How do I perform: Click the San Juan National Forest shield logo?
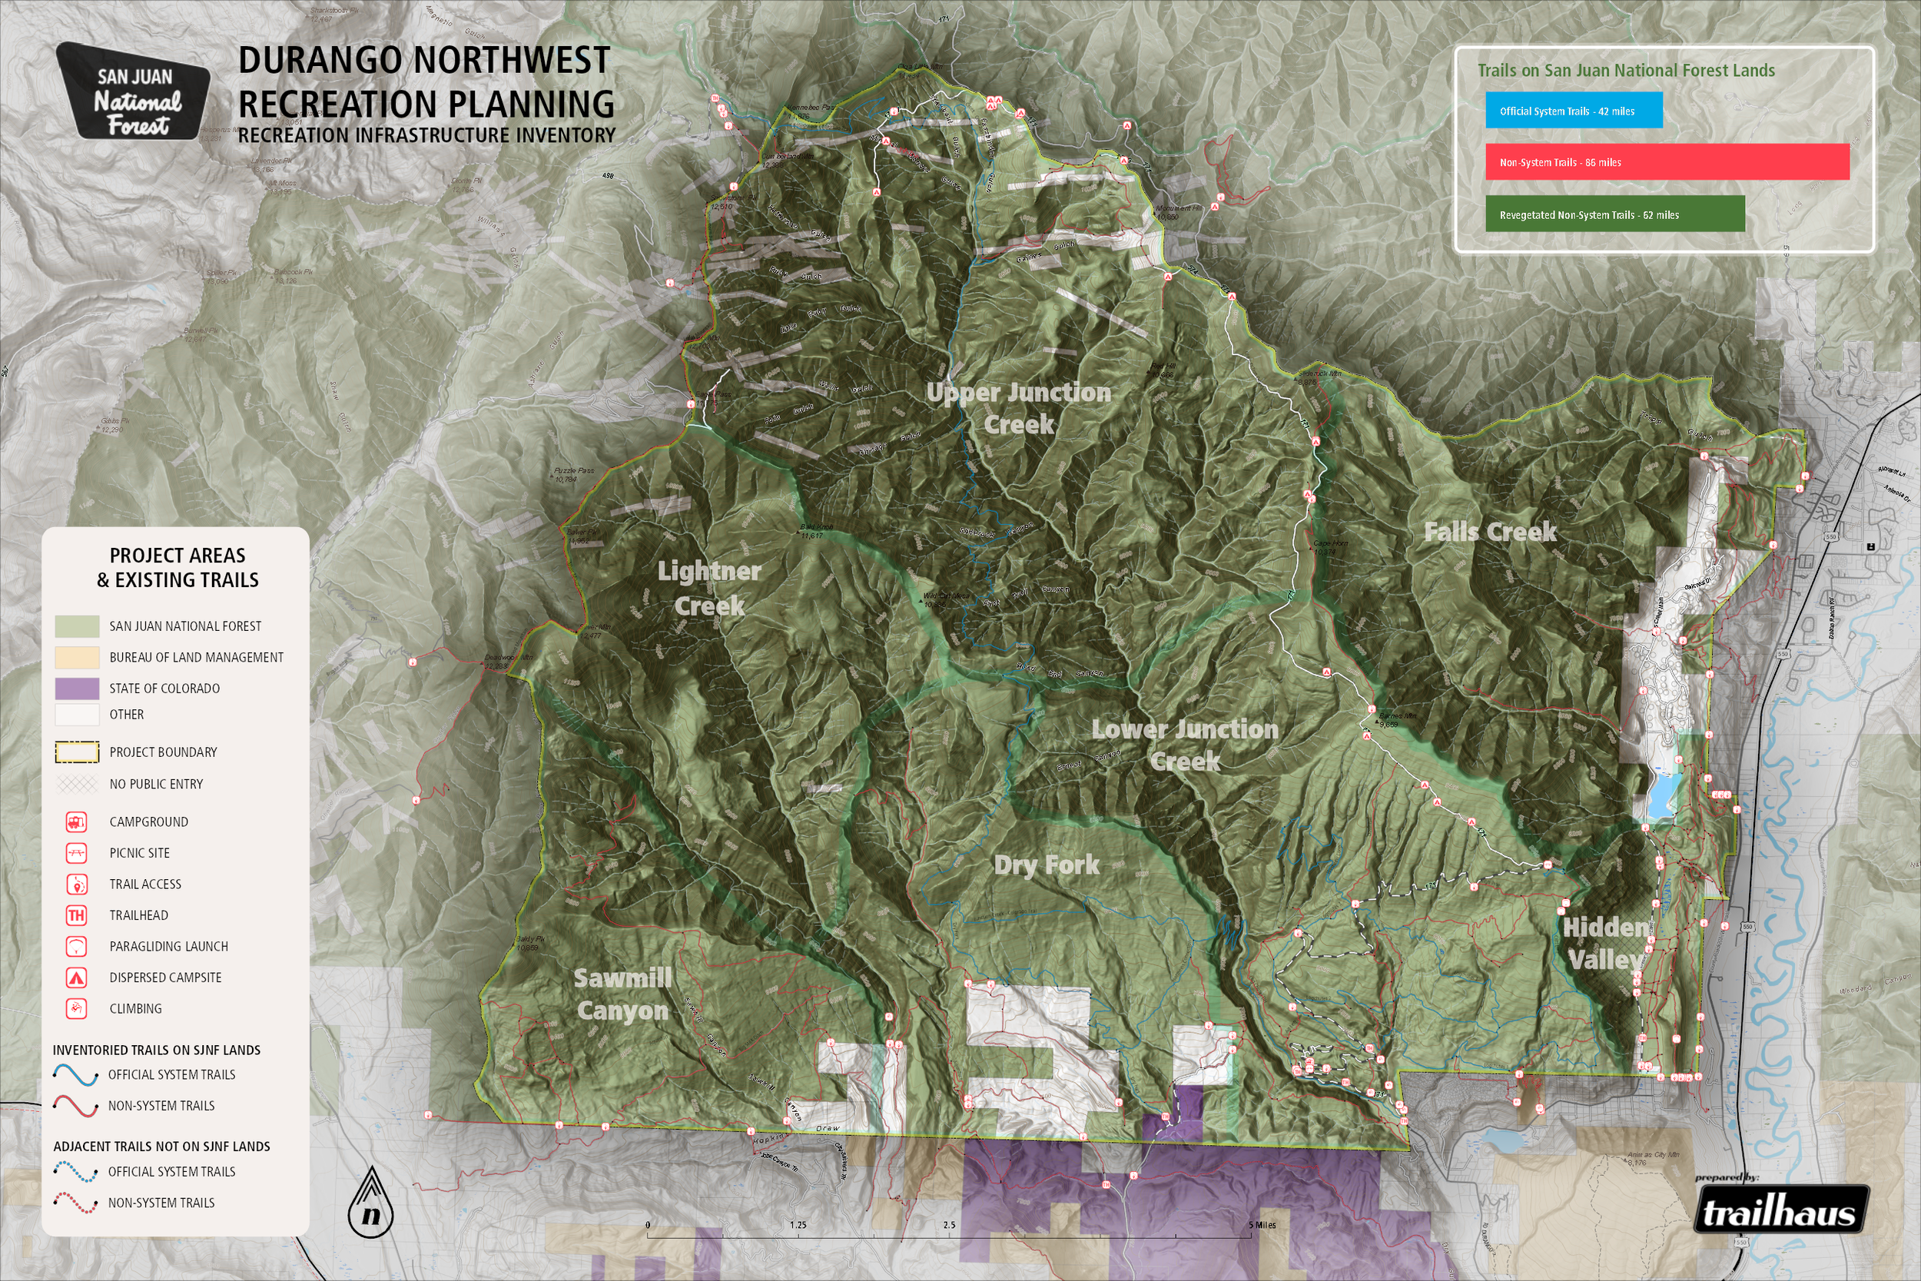[x=134, y=91]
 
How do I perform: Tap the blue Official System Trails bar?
[x=1573, y=111]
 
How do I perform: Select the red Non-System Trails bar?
[x=1666, y=162]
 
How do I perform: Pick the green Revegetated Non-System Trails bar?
[x=1614, y=214]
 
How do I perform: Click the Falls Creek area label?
[x=1490, y=532]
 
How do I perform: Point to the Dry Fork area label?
[x=1047, y=865]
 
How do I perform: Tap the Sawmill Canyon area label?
[x=622, y=994]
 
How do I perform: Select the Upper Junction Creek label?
[x=1018, y=409]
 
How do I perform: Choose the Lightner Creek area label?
[x=709, y=588]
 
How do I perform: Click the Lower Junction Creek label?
[x=1185, y=745]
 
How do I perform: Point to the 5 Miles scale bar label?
[x=1262, y=1225]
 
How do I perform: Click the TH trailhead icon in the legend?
[x=76, y=915]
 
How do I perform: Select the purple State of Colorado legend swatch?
[x=77, y=688]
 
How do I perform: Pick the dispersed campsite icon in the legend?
[x=76, y=977]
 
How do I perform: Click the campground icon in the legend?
[x=76, y=822]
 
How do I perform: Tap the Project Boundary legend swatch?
[x=77, y=752]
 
